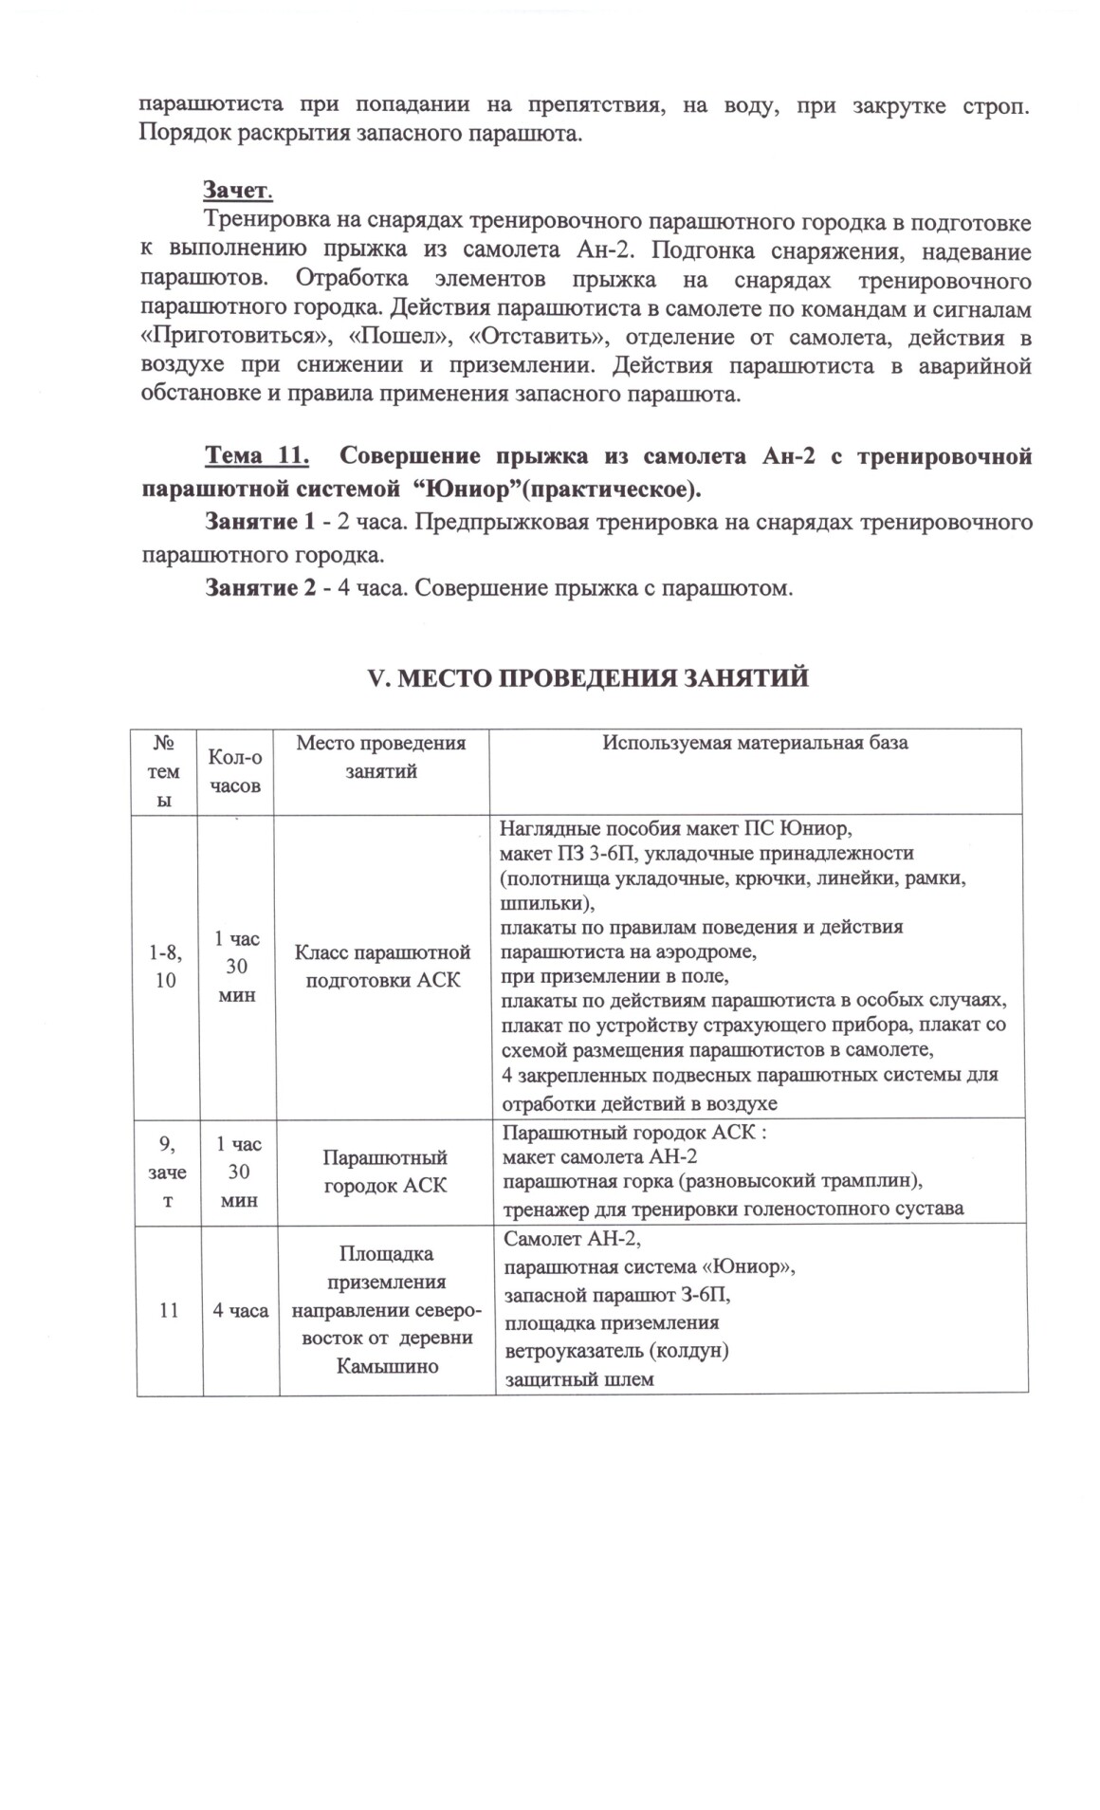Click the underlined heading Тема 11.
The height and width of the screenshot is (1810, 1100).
(x=257, y=456)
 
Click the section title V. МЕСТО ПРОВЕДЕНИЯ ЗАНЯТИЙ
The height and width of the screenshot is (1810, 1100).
(x=587, y=678)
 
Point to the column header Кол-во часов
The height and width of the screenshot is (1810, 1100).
(x=235, y=770)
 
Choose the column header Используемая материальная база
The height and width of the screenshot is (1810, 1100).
(x=756, y=743)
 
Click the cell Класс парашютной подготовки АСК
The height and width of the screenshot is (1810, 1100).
(x=382, y=965)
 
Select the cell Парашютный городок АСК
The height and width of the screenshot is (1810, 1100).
(x=384, y=1172)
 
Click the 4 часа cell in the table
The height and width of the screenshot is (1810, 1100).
(x=240, y=1310)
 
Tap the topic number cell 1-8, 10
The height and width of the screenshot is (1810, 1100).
(x=166, y=965)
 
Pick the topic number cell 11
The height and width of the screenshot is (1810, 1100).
(x=169, y=1310)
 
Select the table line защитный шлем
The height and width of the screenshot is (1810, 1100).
(x=578, y=1379)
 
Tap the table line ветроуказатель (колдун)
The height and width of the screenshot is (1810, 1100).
(x=615, y=1351)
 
